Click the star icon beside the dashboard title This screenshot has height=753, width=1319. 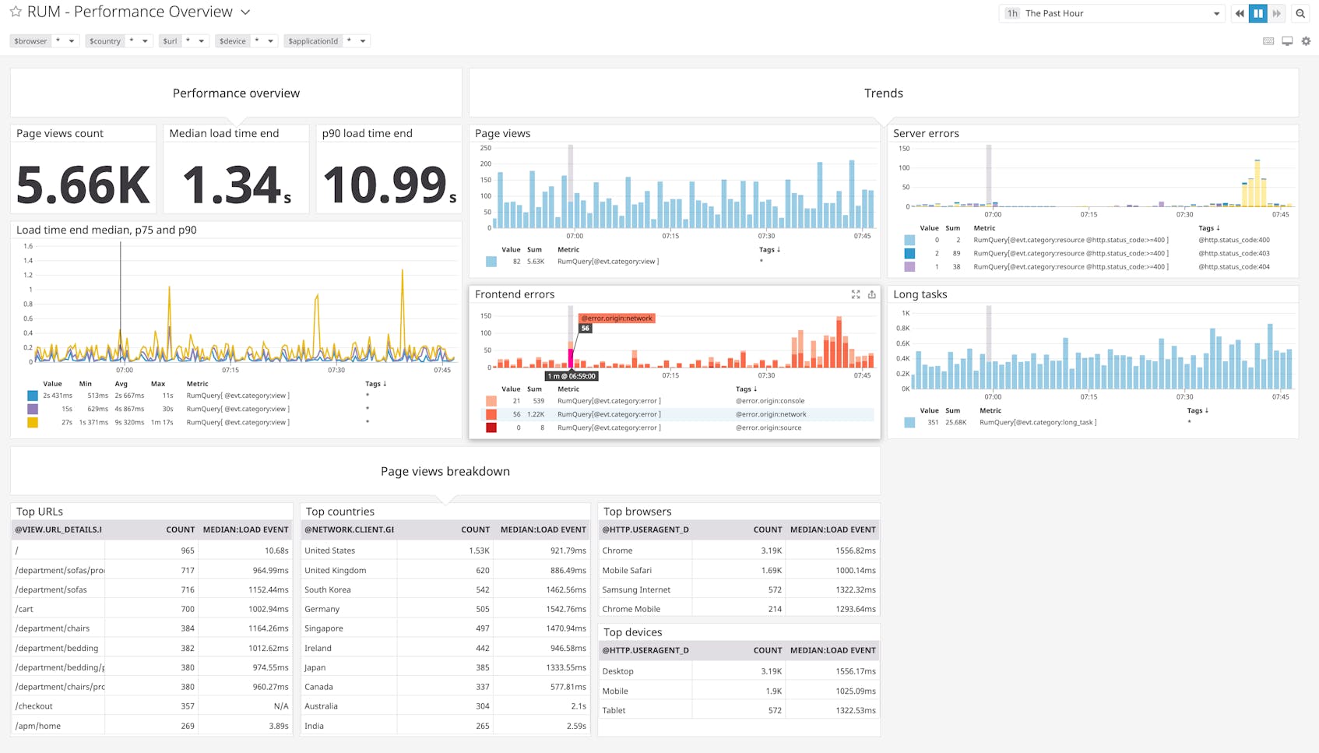point(15,12)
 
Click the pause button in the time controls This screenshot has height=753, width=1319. point(1258,13)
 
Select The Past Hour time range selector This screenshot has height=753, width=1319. point(1112,13)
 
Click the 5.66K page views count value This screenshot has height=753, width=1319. point(83,185)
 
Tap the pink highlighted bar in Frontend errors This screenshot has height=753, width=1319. point(571,358)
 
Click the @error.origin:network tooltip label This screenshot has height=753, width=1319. point(617,318)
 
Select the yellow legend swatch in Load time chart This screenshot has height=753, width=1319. point(33,423)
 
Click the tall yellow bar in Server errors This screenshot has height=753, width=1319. point(1257,184)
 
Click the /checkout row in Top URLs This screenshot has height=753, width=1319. point(34,706)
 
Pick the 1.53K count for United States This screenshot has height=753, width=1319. point(479,551)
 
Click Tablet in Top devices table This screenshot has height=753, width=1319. point(614,710)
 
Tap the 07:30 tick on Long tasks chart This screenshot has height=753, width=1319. point(1184,396)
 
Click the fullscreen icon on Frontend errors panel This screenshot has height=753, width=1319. point(856,294)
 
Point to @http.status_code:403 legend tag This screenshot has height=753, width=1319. point(1233,253)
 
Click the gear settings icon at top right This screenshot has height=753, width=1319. point(1306,41)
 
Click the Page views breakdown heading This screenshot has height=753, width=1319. point(445,471)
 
